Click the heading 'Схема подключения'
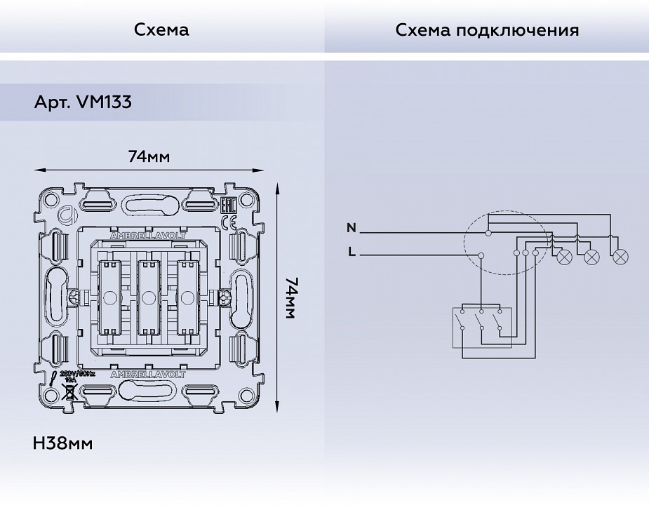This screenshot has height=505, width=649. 487,30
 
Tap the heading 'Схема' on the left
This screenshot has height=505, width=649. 161,30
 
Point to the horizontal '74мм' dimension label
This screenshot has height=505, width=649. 149,156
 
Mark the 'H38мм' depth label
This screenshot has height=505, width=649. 63,443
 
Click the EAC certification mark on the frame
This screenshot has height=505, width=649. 228,206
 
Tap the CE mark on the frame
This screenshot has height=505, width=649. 229,222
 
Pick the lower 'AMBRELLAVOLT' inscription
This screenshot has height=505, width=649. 147,375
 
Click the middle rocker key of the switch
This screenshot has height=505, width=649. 147,297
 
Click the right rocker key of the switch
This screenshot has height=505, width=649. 187,297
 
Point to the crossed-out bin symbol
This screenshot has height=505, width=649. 69,391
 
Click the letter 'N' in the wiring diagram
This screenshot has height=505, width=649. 352,227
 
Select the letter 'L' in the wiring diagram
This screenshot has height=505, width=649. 352,252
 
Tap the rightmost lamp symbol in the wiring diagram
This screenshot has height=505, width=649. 620,257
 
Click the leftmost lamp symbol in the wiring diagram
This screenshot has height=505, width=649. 563,257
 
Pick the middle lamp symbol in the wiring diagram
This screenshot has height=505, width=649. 591,257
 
